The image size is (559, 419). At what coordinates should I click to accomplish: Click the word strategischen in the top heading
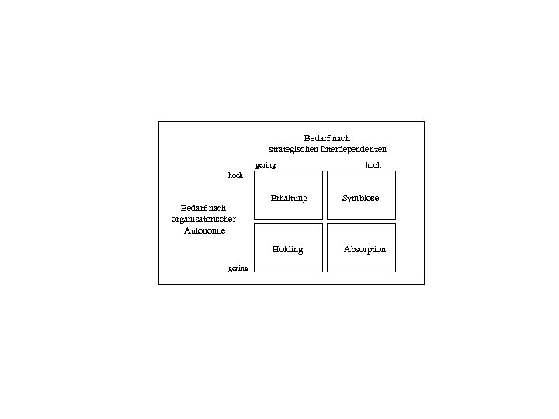coord(289,149)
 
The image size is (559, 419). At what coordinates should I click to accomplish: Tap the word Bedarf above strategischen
coord(316,138)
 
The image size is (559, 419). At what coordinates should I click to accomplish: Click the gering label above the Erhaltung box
coord(266,165)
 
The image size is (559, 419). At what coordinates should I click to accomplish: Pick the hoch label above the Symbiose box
coord(373,165)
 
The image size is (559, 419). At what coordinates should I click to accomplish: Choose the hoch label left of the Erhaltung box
coord(235,175)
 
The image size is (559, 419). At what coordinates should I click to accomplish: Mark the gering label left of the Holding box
coord(238,268)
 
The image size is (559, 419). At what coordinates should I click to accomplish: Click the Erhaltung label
coord(289,198)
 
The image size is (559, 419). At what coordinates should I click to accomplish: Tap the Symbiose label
coord(361,198)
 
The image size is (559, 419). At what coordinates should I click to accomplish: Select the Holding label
coord(287,249)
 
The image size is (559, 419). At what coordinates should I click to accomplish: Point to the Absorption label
coord(365,249)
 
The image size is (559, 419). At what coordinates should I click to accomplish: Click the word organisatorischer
coord(203,220)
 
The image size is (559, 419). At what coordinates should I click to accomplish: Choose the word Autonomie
coord(204,230)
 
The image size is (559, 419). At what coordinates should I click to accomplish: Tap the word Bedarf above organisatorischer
coord(192,208)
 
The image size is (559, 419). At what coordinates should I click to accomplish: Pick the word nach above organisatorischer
coord(217,208)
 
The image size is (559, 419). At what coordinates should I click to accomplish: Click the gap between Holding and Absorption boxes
coord(325,248)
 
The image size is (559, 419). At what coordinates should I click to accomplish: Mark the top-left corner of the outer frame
coord(159,122)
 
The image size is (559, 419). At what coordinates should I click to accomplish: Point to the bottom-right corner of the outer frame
coord(424,284)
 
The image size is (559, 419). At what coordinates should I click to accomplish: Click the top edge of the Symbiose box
coord(361,171)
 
